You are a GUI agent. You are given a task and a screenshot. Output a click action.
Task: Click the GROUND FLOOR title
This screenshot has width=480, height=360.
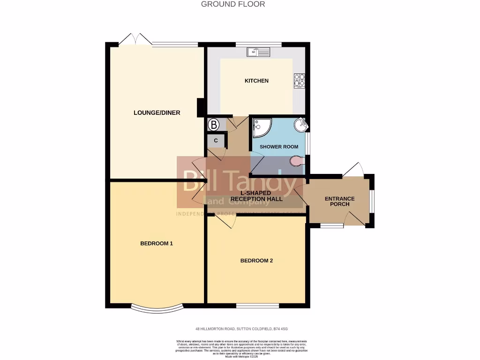(233, 4)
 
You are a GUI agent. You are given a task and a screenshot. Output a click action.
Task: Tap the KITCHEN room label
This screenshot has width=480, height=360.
(256, 81)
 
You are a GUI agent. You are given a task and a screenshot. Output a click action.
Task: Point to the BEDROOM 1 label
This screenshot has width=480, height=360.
(157, 243)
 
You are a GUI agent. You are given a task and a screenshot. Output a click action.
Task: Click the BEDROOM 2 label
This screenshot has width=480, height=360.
(256, 261)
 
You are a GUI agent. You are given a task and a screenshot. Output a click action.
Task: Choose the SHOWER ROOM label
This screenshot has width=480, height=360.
(279, 147)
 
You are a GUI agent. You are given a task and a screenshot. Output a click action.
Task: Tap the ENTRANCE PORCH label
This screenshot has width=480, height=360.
(339, 201)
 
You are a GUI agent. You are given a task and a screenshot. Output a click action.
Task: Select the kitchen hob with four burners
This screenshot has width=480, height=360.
(299, 81)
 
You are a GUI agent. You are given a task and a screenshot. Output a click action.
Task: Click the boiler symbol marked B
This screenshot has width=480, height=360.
(214, 125)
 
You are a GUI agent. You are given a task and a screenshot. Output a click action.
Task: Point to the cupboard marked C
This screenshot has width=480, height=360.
(216, 140)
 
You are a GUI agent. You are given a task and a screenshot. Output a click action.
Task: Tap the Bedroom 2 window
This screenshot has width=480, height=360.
(257, 306)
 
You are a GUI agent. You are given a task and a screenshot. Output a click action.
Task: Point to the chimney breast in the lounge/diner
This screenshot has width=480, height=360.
(200, 107)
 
